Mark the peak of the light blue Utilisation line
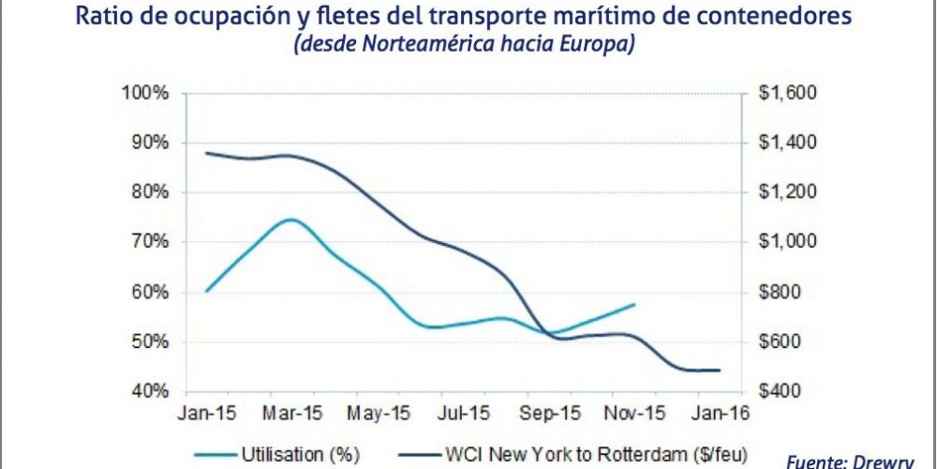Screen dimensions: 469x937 (x=291, y=219)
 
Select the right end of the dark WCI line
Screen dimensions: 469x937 (x=720, y=371)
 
